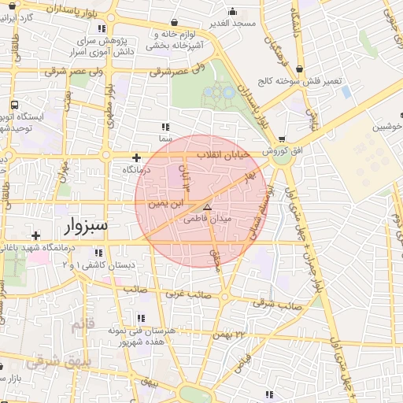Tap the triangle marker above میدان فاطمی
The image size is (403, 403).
pyautogui.click(x=207, y=207)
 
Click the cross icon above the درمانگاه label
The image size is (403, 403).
pyautogui.click(x=137, y=157)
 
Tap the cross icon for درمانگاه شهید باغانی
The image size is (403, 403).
pyautogui.click(x=35, y=235)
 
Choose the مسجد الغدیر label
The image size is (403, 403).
pyautogui.click(x=233, y=24)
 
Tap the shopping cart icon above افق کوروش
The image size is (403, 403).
pyautogui.click(x=281, y=139)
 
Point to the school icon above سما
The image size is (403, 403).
pyautogui.click(x=165, y=126)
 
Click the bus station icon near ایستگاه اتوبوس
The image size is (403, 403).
pyautogui.click(x=14, y=104)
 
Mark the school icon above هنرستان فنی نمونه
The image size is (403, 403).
pyautogui.click(x=142, y=318)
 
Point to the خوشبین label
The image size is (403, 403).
pyautogui.click(x=387, y=127)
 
